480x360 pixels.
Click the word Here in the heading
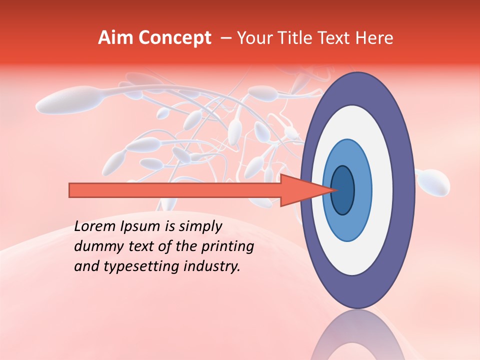374,38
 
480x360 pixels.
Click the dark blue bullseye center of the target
343,190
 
